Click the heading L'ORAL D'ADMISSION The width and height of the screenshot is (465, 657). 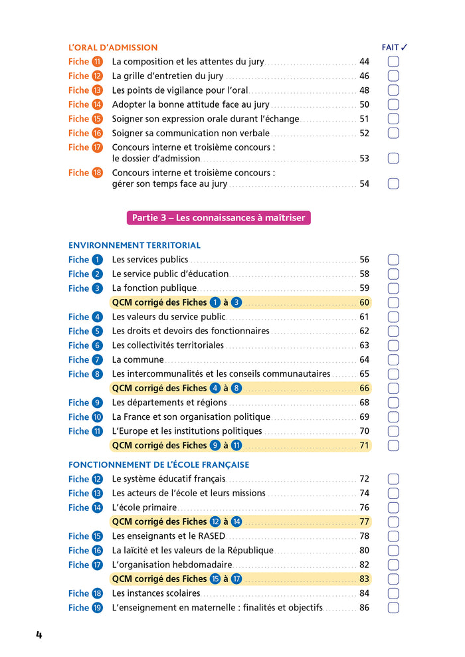113,48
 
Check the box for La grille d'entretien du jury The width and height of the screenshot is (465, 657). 393,76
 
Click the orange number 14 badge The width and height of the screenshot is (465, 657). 98,104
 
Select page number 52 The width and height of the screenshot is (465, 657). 364,133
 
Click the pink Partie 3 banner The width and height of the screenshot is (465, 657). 219,218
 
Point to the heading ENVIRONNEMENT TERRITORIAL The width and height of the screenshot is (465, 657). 134,245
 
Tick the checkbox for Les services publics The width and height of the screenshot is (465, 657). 393,260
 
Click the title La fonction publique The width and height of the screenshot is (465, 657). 154,288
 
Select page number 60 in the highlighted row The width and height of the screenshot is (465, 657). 364,302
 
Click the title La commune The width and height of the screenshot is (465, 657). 138,359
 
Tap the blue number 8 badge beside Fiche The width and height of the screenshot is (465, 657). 98,374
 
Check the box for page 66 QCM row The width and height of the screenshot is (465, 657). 393,388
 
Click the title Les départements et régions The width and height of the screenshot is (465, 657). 169,403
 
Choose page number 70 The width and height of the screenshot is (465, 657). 364,431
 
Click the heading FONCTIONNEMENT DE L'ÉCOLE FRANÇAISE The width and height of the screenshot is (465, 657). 159,465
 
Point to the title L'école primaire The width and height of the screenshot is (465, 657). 144,508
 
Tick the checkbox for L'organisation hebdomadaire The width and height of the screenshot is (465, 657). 393,565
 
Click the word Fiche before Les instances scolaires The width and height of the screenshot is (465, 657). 78,593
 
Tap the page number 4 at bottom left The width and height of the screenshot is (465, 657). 39,635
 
